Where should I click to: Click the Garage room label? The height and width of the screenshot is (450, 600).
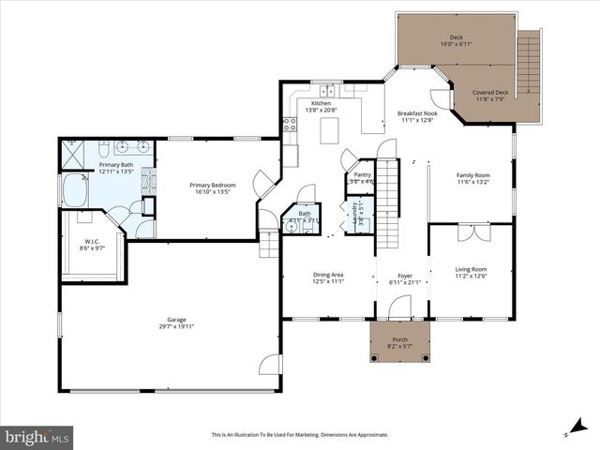pyautogui.click(x=170, y=322)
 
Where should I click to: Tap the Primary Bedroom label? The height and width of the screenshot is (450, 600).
pyautogui.click(x=212, y=186)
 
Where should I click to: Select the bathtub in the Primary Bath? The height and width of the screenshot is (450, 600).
pyautogui.click(x=75, y=190)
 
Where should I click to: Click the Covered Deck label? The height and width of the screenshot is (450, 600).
pyautogui.click(x=489, y=93)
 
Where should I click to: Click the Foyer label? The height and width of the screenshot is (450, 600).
pyautogui.click(x=405, y=276)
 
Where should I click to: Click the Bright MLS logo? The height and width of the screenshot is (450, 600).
pyautogui.click(x=37, y=437)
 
